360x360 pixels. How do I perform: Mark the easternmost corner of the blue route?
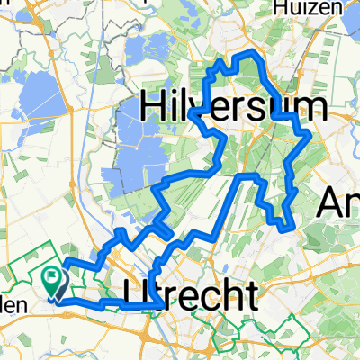pyautogui.click(x=310, y=135)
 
